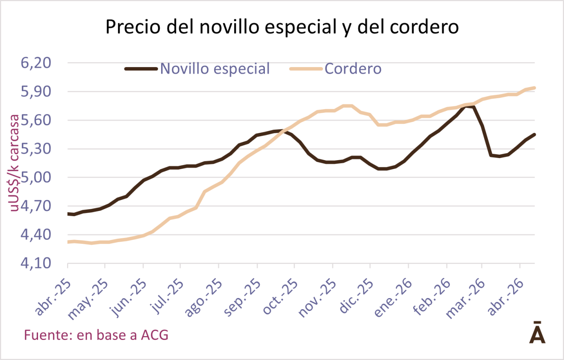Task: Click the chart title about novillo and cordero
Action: (x=282, y=27)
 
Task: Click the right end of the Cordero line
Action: (x=535, y=88)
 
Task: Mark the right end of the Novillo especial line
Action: (x=535, y=135)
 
